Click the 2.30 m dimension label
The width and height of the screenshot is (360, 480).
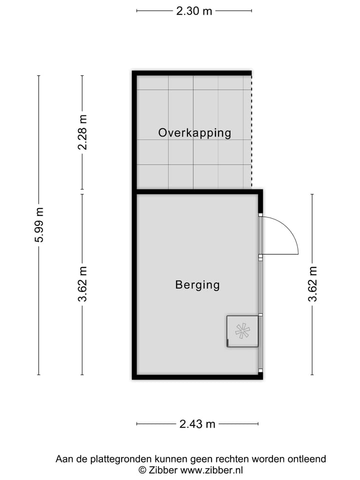coord(194,11)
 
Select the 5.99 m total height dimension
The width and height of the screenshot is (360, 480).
coord(39,225)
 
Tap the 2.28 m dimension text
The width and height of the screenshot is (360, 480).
coord(83,132)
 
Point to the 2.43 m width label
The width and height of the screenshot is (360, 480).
coord(197,424)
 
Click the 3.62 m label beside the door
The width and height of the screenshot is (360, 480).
coord(313,284)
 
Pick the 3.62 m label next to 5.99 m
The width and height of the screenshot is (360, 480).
coord(83,284)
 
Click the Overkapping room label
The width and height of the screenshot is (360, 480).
coord(194,133)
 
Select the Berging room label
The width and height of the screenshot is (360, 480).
coord(197,285)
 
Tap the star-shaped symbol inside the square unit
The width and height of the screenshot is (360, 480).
coord(242,331)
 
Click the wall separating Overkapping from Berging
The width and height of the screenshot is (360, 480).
coord(197,191)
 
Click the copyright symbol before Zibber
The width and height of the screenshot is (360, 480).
coord(142,470)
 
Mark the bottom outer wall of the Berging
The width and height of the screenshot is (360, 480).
coord(197,376)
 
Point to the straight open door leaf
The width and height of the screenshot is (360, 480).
coord(280,254)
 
